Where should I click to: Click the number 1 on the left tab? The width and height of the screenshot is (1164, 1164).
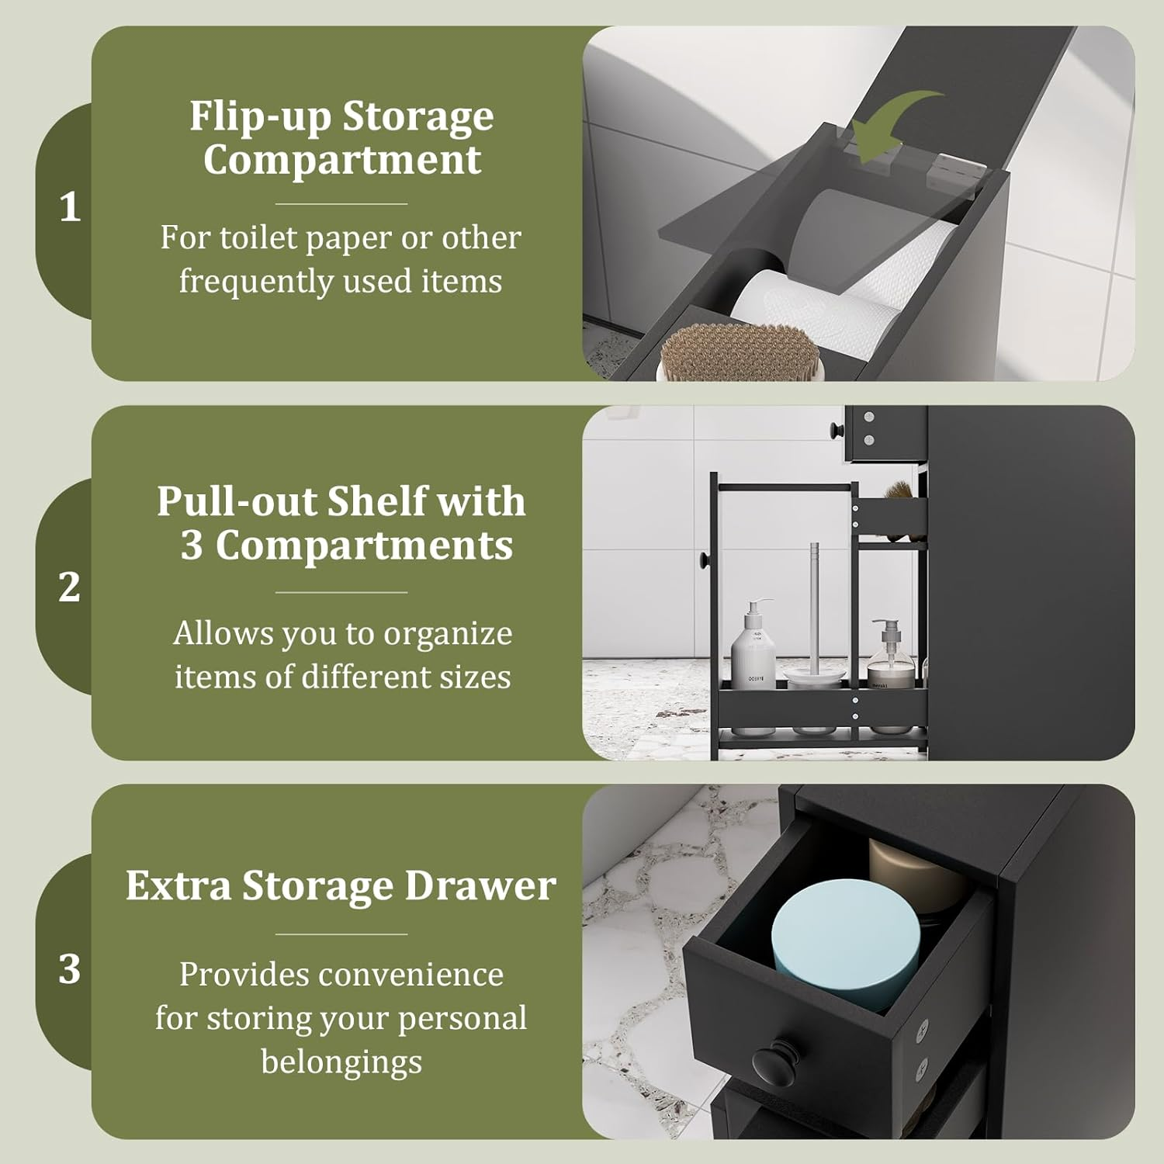click(70, 208)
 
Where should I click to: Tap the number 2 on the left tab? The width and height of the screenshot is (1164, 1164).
click(70, 587)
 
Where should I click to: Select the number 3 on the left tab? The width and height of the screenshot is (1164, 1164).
click(70, 968)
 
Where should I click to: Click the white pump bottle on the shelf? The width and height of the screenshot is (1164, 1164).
click(752, 644)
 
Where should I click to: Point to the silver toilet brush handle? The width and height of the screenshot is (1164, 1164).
click(814, 598)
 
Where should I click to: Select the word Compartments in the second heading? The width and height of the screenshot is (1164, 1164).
click(363, 546)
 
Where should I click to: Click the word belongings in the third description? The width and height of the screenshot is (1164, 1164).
click(341, 1061)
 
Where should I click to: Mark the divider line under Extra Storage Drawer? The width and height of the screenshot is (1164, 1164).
click(341, 934)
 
